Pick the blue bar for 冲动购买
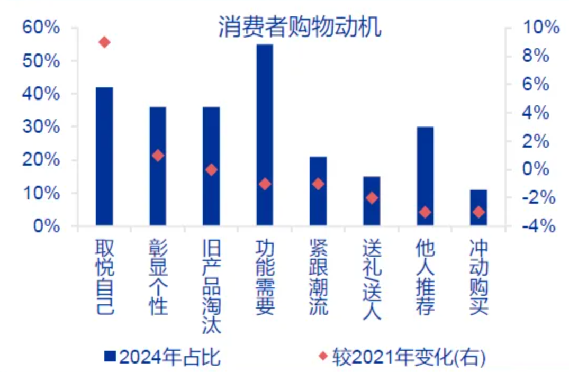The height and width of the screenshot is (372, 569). [478, 208]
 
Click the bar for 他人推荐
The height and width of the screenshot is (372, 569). [425, 177]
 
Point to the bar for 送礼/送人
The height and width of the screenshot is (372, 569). [372, 202]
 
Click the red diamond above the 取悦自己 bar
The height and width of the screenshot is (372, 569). [105, 42]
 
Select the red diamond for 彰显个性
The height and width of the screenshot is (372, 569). [158, 156]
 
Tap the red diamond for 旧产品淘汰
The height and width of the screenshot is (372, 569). [211, 170]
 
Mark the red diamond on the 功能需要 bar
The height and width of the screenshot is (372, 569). [265, 184]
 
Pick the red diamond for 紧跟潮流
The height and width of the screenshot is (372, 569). [318, 184]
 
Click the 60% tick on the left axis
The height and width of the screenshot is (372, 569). [41, 28]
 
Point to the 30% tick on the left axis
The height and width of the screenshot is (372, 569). [41, 127]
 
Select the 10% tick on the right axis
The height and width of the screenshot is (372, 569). [540, 28]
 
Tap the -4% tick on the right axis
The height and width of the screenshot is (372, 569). [538, 226]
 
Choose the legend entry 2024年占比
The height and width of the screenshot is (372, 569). [162, 358]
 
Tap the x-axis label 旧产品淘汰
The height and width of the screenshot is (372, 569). [211, 286]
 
